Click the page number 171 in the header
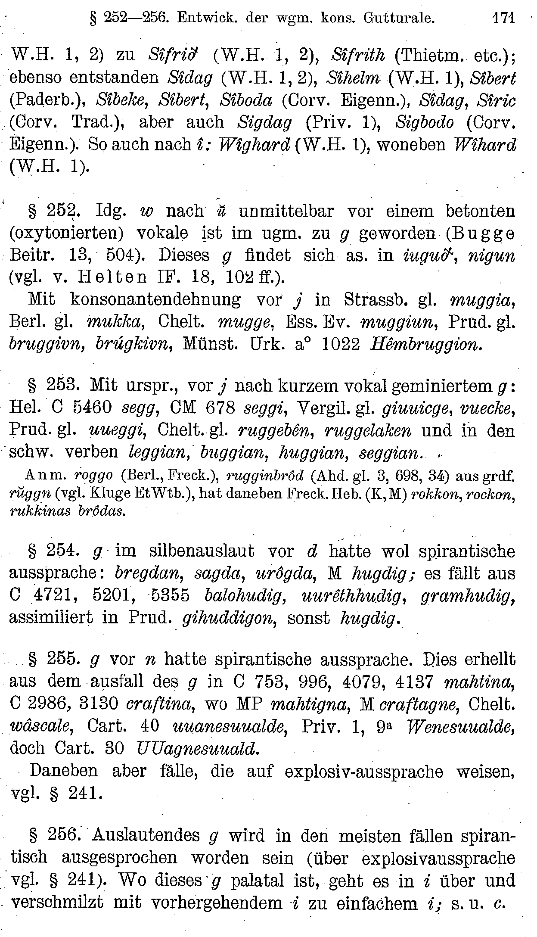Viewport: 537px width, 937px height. (503, 18)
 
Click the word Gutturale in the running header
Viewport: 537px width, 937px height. (398, 18)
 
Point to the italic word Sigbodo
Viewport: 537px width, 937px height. (424, 122)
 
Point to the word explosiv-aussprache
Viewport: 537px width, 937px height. (364, 771)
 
